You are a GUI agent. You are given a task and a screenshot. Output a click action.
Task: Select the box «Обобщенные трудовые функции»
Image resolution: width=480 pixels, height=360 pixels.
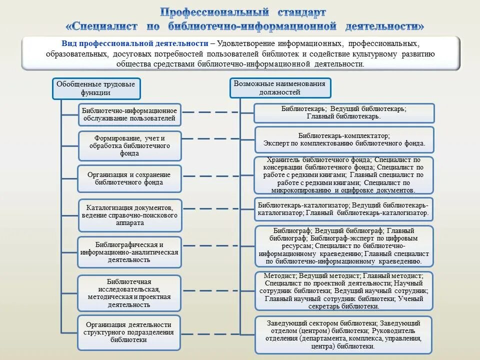coord(97,88)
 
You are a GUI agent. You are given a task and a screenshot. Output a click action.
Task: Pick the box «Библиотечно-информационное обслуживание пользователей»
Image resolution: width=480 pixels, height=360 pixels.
coord(129,114)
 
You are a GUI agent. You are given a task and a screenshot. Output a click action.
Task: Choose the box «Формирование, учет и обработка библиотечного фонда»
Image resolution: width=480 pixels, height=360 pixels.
coord(129,145)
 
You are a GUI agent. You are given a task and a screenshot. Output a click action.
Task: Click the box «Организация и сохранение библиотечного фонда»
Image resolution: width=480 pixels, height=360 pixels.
coord(129,178)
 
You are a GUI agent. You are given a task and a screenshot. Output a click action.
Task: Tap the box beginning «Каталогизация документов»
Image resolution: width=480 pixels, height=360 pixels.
coord(129,215)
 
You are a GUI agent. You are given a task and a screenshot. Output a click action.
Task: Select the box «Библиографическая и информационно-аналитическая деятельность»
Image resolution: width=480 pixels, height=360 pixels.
coord(129,252)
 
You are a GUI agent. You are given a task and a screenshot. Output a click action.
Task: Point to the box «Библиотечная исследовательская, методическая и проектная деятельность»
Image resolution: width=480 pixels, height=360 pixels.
coord(129,293)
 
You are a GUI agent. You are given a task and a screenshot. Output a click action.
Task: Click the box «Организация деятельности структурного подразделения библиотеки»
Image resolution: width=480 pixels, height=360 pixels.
coord(129,332)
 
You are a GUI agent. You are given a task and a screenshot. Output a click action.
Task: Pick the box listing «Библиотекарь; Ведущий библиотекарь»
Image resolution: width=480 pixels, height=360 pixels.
coord(344,112)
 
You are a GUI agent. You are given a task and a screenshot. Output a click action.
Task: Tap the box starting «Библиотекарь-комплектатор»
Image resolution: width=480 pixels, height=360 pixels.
coord(344,139)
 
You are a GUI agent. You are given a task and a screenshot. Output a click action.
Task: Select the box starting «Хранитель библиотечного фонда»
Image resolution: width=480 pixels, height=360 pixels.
coord(344,175)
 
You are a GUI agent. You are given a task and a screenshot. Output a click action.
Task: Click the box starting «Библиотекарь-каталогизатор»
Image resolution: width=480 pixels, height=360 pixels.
coord(344,209)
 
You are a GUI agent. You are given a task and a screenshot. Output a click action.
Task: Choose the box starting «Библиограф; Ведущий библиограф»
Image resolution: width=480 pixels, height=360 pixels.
coord(344,246)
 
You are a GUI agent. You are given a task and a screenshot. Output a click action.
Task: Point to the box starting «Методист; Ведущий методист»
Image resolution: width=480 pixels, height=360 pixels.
coord(344,291)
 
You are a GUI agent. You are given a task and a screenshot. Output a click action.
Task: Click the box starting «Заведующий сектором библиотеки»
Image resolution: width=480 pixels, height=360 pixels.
coord(344,334)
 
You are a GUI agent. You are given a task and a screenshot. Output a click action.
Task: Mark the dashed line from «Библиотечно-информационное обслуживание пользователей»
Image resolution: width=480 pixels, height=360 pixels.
coord(217,112)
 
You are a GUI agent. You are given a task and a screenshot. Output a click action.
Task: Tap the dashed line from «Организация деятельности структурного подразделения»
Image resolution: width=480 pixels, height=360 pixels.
coord(217,332)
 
